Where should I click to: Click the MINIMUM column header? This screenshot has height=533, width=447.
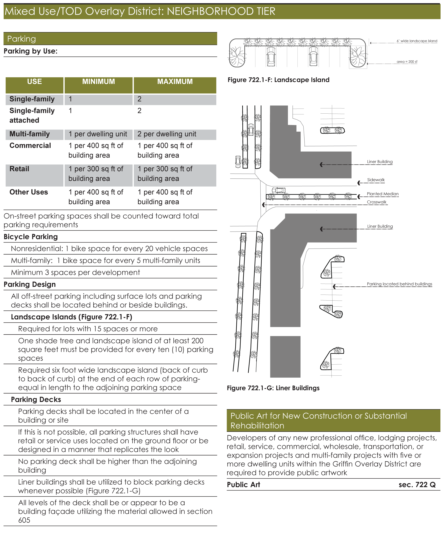pos(98,81)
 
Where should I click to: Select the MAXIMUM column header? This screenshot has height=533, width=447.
pos(175,81)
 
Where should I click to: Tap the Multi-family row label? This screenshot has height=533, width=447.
pos(29,134)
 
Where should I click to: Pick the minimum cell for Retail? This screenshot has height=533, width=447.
pos(96,174)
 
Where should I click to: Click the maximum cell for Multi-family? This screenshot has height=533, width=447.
pos(167,134)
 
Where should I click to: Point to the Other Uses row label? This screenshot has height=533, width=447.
pos(29,192)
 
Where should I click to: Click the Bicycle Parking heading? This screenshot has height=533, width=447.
pos(31,237)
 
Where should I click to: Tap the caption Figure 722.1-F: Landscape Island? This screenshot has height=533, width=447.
pos(278,80)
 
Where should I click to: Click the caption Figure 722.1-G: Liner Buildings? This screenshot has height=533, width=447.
pos(273,388)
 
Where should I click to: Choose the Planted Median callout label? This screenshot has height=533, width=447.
pos(383,194)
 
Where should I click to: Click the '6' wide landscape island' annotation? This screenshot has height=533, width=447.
pos(417,41)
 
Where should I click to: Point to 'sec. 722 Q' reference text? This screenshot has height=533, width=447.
pos(417,485)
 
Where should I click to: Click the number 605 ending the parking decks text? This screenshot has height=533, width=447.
pos(24,520)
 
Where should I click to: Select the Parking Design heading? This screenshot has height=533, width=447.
pos(30,284)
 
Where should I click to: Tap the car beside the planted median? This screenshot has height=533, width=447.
pos(278,190)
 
